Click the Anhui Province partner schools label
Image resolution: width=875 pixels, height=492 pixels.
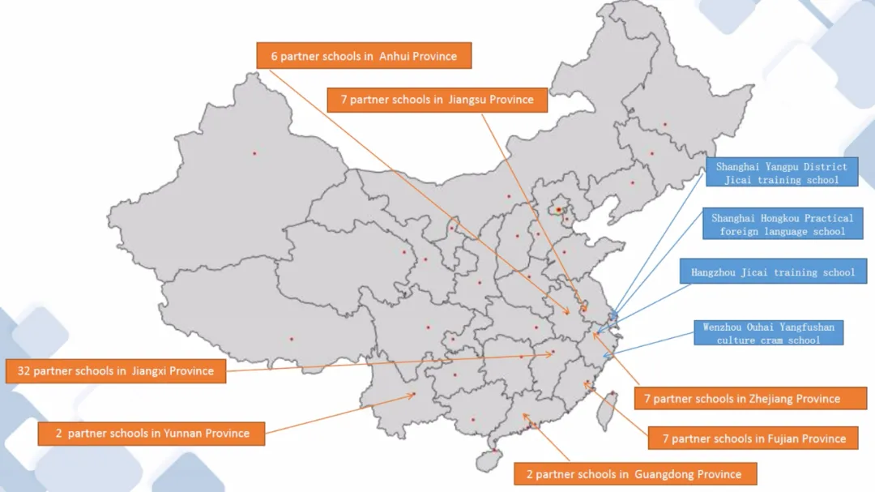[x=364, y=56]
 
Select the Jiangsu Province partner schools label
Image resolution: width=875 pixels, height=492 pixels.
[x=437, y=100]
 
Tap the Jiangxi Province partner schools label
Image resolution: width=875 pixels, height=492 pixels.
[x=115, y=370]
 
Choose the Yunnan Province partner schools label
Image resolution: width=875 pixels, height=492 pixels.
[x=152, y=433]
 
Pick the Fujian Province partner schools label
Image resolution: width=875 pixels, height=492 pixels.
[x=753, y=439]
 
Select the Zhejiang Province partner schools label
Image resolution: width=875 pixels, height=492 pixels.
[x=741, y=398]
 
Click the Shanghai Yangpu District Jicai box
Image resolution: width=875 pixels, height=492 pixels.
[x=781, y=173]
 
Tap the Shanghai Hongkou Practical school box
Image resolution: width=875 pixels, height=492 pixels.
[x=782, y=225]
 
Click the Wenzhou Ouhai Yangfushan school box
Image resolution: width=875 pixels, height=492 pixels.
[x=768, y=333]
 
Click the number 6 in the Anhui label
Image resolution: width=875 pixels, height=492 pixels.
[x=274, y=57]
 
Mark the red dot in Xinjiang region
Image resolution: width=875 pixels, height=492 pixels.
[x=254, y=153]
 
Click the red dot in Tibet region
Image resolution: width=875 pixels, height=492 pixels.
[x=292, y=339]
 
